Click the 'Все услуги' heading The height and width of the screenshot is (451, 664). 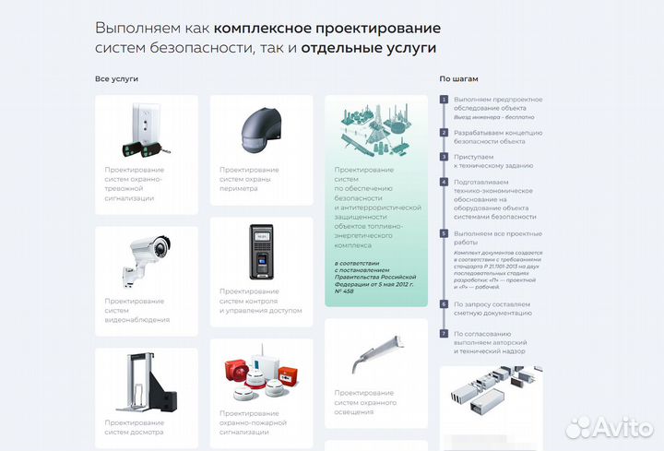tap(116, 79)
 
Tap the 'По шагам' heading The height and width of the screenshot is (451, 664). tap(458, 79)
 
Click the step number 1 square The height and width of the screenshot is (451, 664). tap(444, 99)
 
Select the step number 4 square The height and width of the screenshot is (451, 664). tap(444, 183)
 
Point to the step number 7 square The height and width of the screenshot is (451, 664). tap(444, 333)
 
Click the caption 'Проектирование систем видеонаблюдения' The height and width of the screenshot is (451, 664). tap(136, 311)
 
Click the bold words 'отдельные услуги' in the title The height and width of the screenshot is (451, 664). tap(368, 48)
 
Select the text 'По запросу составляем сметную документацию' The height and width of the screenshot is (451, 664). tap(494, 308)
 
